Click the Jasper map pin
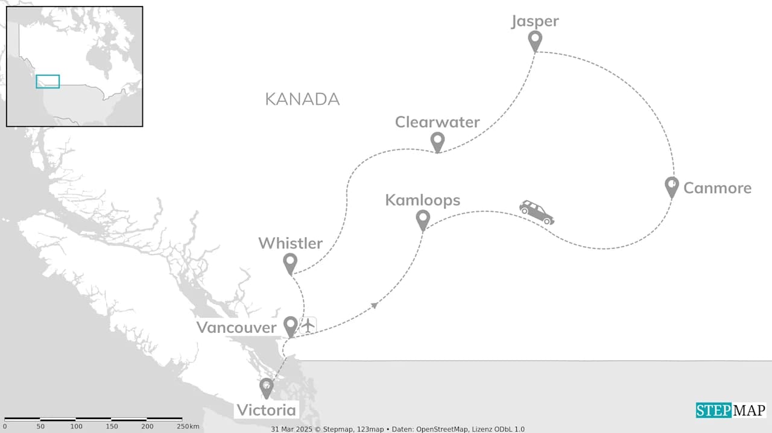pos(535,40)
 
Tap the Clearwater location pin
pos(438,142)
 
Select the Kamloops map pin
pos(423,220)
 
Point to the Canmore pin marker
pos(671,186)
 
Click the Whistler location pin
pos(290,263)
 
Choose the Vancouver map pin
pos(291,326)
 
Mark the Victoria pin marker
pos(266,387)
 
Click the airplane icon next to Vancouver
pos(308,325)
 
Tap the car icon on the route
pos(536,212)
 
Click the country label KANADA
pos(302,100)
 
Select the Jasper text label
pos(535,22)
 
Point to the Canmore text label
pos(717,188)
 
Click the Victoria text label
pos(267,411)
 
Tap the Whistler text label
pos(290,244)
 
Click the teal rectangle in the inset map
pos(48,81)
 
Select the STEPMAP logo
pos(731,411)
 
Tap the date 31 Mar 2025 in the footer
pos(294,429)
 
